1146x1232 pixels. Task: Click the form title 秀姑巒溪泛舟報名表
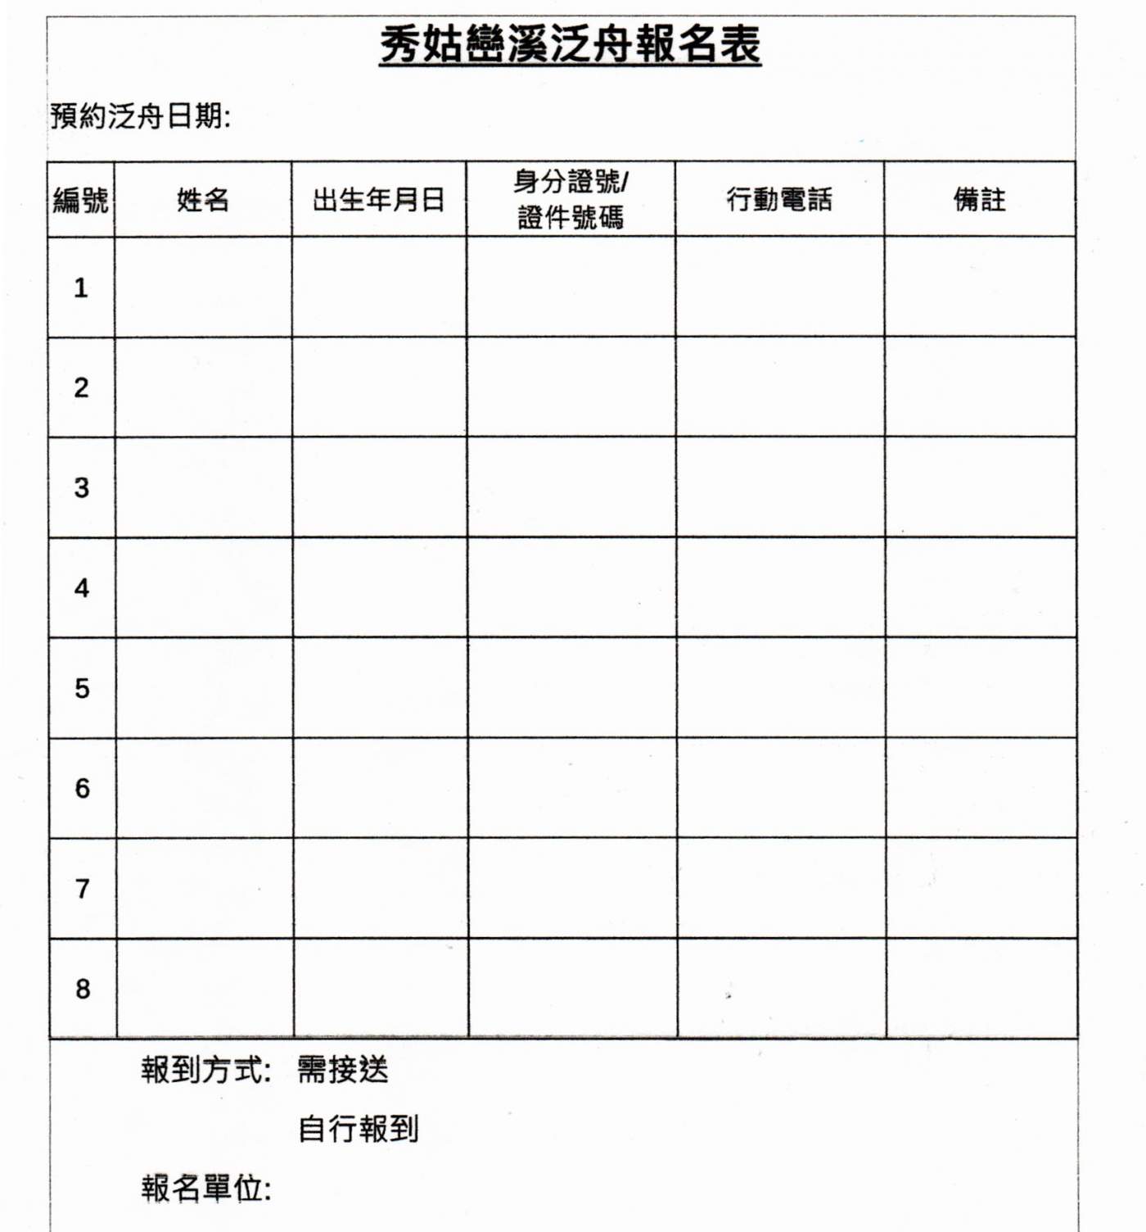[570, 44]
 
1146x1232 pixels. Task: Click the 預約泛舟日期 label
[140, 115]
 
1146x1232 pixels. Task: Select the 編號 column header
[80, 200]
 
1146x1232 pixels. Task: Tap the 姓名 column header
[203, 200]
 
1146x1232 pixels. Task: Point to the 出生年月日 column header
[378, 200]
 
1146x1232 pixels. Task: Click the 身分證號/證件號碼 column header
[571, 200]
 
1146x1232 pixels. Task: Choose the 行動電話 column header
[779, 200]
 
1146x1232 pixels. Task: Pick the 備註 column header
[979, 200]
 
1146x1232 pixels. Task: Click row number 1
[80, 288]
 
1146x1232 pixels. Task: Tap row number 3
[81, 487]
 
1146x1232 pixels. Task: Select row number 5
[82, 688]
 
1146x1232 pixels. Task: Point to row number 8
[83, 989]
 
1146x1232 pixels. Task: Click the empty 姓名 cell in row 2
[203, 387]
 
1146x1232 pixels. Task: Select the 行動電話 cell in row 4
[780, 587]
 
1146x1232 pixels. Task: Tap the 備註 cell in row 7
[981, 888]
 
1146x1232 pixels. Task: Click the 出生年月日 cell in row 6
[380, 788]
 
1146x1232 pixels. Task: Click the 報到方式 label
[205, 1070]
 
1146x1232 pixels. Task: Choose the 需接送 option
[342, 1070]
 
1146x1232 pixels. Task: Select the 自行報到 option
[358, 1129]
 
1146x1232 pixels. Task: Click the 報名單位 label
[205, 1188]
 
